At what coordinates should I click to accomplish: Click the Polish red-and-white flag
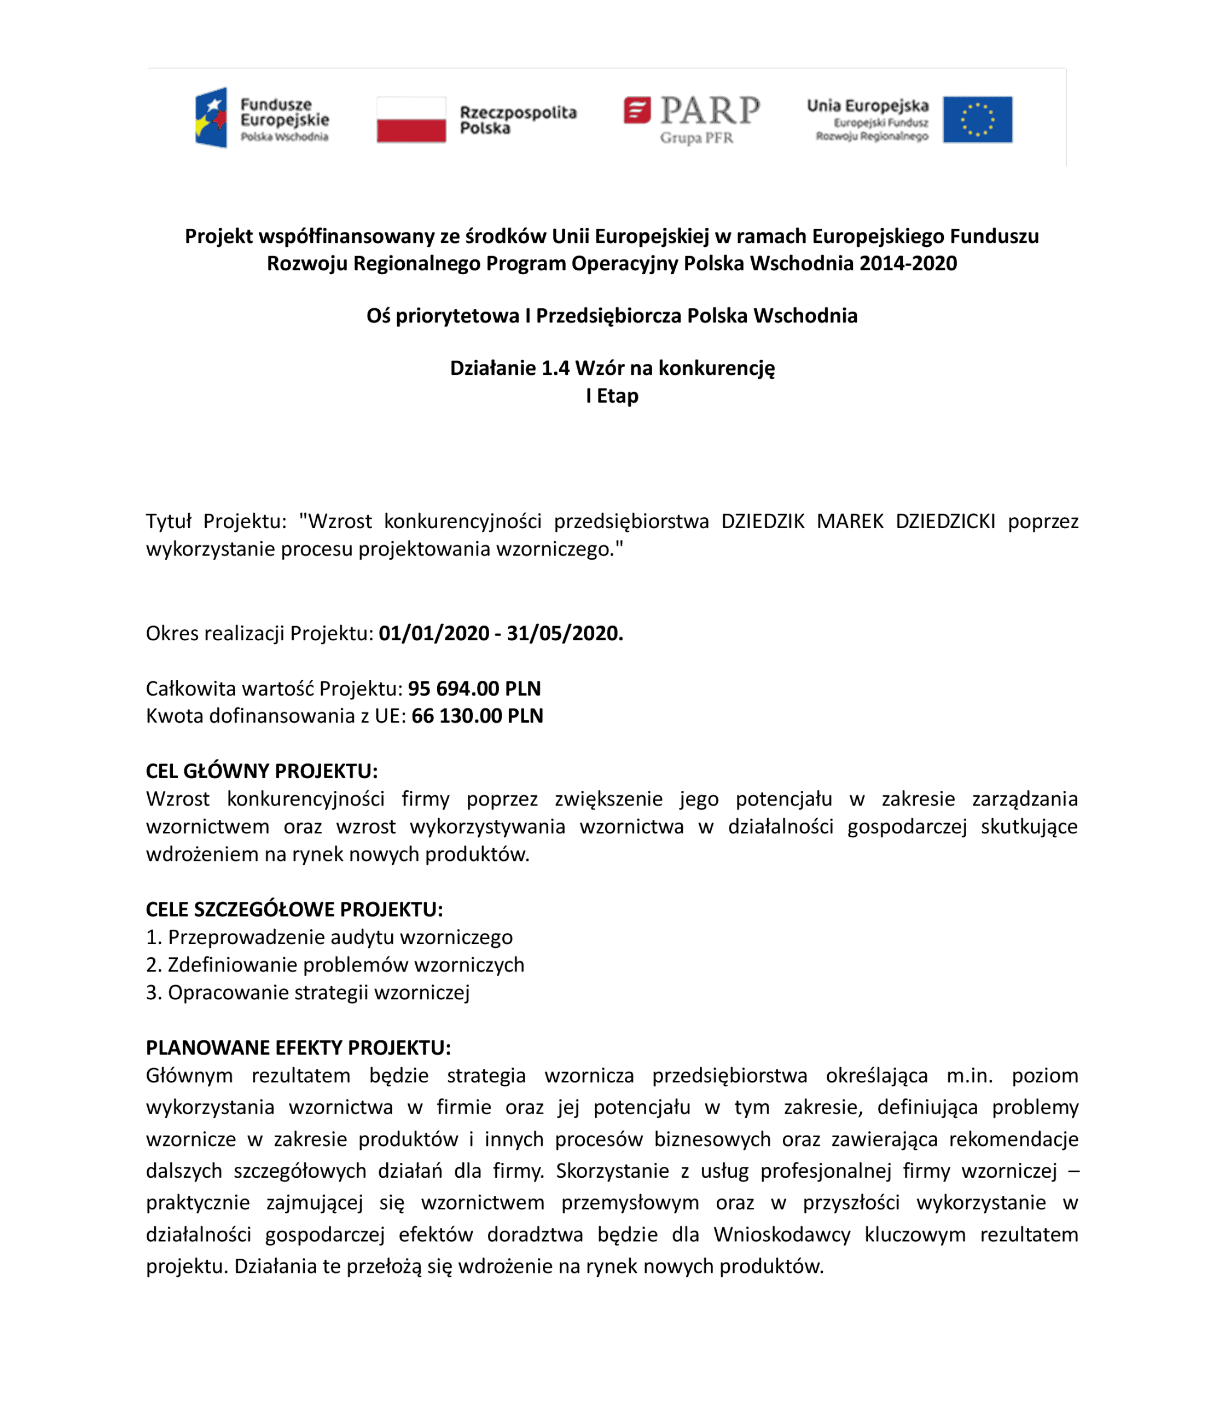click(x=411, y=120)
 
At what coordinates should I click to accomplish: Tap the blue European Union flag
click(x=978, y=120)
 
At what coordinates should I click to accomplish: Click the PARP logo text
click(x=710, y=110)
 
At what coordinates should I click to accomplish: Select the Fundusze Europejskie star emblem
click(x=211, y=118)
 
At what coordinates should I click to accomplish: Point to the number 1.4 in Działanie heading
click(x=555, y=368)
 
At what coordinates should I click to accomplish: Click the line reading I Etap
click(x=612, y=396)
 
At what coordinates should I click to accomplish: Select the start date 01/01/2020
click(x=434, y=633)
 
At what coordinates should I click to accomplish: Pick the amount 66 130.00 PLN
click(x=477, y=716)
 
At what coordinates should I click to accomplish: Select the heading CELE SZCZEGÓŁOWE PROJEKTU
click(x=294, y=910)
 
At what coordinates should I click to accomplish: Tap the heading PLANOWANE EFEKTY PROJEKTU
click(x=298, y=1047)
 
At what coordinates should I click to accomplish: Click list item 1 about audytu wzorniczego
click(x=329, y=937)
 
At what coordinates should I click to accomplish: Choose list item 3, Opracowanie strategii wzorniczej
click(x=307, y=992)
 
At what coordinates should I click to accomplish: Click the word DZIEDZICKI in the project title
click(x=945, y=521)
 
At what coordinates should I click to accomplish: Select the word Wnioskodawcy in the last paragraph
click(x=781, y=1234)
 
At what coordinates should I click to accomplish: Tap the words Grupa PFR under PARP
click(x=696, y=138)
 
